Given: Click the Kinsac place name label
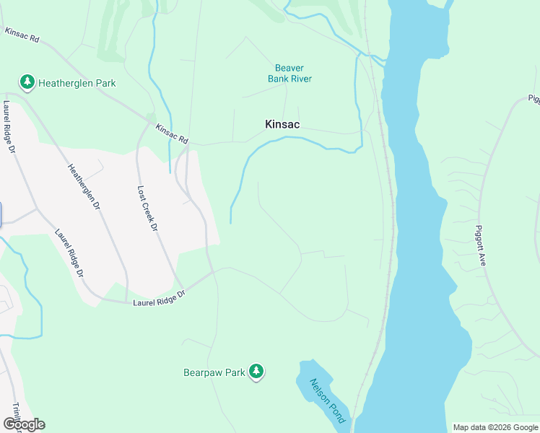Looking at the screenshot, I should click(282, 125).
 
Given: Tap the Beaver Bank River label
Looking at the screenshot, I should click(289, 74).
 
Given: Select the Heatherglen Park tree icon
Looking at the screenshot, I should click(27, 82).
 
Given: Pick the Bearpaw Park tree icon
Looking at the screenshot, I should click(256, 372).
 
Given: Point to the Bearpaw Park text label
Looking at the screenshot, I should click(214, 372).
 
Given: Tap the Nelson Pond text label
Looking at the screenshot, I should click(328, 401).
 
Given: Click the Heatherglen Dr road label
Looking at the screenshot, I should click(83, 186).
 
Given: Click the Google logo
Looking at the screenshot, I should click(24, 424).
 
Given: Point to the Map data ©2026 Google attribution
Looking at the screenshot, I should click(495, 427).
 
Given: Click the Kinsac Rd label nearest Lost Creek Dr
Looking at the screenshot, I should click(171, 134).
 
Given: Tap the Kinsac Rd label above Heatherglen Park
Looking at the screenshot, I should click(22, 34).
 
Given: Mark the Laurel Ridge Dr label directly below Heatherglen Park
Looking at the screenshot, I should click(9, 128).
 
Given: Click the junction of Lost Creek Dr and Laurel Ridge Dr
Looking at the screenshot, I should click(183, 288).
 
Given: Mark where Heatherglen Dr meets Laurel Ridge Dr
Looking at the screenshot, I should click(128, 303).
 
